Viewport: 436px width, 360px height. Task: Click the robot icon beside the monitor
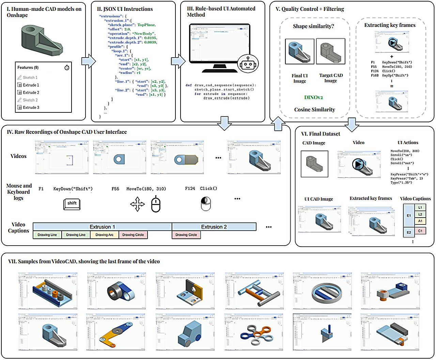tap(248, 63)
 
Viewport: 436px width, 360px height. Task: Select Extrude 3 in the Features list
tap(31, 107)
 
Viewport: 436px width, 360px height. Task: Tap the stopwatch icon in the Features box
tap(67, 67)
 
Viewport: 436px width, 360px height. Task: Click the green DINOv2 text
tap(313, 97)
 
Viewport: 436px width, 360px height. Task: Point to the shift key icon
tap(72, 203)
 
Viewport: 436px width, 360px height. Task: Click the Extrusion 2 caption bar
tap(214, 227)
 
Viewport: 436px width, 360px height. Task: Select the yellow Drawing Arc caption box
tap(104, 235)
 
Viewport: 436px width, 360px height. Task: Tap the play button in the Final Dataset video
tap(358, 164)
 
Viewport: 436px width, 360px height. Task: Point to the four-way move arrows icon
tap(138, 204)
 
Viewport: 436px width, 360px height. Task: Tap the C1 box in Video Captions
tap(420, 231)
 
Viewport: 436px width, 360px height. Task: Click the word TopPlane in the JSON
tap(146, 25)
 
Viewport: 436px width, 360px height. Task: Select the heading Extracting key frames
tap(390, 25)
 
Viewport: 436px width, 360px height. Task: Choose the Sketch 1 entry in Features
tap(30, 77)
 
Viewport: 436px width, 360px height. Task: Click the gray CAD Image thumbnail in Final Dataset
tap(314, 163)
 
